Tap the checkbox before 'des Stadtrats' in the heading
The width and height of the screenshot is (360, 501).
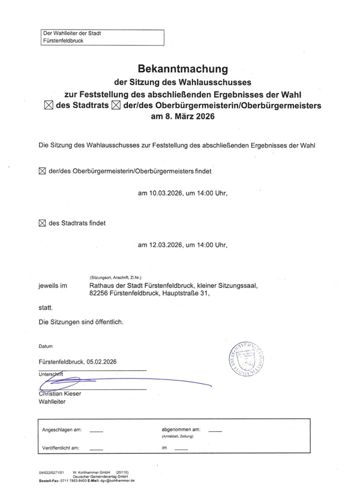tap(49, 106)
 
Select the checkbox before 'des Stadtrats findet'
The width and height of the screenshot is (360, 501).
tap(42, 223)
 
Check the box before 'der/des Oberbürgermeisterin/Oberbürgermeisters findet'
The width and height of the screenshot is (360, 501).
tap(42, 171)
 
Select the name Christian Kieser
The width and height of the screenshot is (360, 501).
tap(59, 394)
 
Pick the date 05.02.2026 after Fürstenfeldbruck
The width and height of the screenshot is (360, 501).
tap(101, 362)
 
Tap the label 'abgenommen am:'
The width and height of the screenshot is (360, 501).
tap(181, 430)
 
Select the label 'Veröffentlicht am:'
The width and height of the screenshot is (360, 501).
tap(61, 448)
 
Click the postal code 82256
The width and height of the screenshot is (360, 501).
tap(101, 294)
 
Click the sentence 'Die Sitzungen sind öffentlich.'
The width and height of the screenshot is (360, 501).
tap(81, 322)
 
